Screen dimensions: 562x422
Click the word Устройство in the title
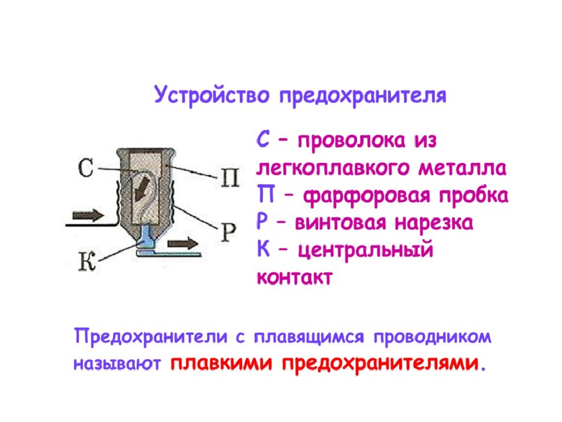(x=211, y=96)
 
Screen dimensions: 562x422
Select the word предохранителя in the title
(x=363, y=96)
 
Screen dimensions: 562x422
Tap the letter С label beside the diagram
(x=86, y=168)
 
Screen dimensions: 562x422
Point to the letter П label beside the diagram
(x=229, y=177)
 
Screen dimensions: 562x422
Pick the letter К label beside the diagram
(x=87, y=261)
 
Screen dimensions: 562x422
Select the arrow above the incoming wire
(x=88, y=215)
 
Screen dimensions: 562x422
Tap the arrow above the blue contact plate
(x=183, y=244)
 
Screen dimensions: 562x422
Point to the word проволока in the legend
(x=351, y=141)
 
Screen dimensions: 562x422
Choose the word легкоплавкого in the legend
(x=334, y=168)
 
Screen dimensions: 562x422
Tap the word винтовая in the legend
(x=341, y=223)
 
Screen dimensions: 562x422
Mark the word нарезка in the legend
(x=434, y=223)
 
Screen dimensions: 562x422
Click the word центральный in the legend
(x=365, y=250)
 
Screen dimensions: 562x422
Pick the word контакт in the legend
(x=294, y=277)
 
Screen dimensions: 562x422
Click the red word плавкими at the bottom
(x=221, y=363)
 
